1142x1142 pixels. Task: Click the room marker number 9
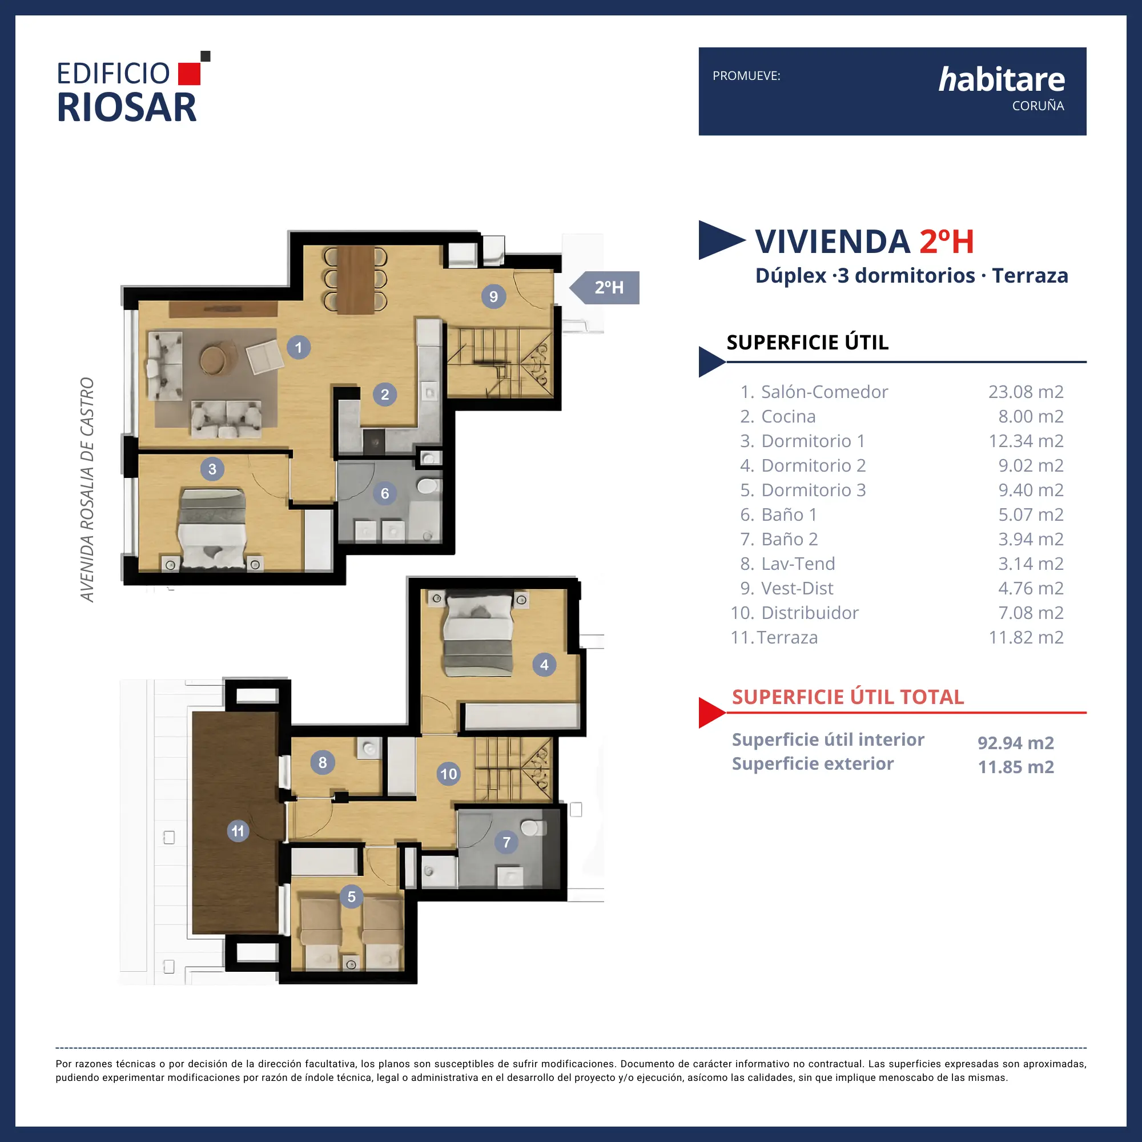[x=493, y=296]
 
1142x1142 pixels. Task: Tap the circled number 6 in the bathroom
[x=385, y=493]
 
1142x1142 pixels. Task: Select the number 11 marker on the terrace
[x=238, y=830]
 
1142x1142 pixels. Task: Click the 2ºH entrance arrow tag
[x=604, y=287]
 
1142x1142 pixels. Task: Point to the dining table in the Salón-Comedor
[x=355, y=280]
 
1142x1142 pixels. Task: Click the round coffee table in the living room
[x=213, y=358]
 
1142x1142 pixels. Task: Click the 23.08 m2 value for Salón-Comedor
[x=1026, y=391]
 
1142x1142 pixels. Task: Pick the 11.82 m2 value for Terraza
[x=1026, y=637]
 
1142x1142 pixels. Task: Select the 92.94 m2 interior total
[x=1015, y=742]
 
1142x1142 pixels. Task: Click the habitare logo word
[x=1002, y=79]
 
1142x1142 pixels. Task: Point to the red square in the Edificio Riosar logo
[x=189, y=74]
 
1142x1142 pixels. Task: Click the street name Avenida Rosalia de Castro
[x=87, y=489]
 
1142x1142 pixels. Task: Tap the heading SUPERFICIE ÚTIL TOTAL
[x=847, y=697]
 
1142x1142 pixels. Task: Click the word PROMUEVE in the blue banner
[x=746, y=76]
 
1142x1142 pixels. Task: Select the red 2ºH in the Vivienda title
[x=946, y=241]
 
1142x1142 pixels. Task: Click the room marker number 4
[x=544, y=665]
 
